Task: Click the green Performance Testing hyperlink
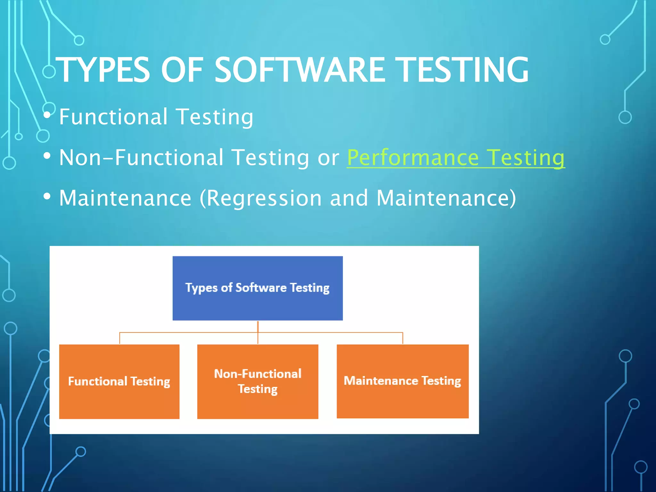[x=455, y=158]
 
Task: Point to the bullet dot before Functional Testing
[x=47, y=115]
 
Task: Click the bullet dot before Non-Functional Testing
[x=47, y=156]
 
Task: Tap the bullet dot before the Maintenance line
[x=47, y=196]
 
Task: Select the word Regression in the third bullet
[x=264, y=198]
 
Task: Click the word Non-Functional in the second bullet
[x=141, y=158]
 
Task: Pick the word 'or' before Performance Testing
[x=328, y=158]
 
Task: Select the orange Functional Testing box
[x=119, y=400]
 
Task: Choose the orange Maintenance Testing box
[x=402, y=400]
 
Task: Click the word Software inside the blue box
[x=261, y=287]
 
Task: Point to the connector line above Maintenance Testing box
[x=403, y=338]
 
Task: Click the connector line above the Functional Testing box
[x=120, y=338]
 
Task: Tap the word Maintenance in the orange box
[x=381, y=381]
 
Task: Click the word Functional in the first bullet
[x=113, y=117]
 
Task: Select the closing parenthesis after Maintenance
[x=512, y=198]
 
